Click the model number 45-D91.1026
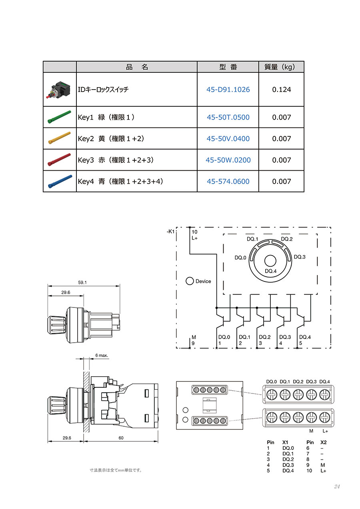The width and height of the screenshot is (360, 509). (x=228, y=90)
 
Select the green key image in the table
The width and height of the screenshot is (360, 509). (x=59, y=117)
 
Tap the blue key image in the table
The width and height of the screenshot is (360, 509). (x=59, y=181)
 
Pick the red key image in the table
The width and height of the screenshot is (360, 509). (x=59, y=160)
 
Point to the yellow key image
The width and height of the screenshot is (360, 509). (x=59, y=138)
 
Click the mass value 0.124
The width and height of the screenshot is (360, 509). (x=281, y=90)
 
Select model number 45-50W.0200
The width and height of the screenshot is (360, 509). (x=228, y=160)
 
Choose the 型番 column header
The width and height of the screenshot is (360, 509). (x=228, y=67)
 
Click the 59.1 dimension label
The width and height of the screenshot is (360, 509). (x=82, y=282)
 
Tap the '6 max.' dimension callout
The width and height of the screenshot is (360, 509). (x=102, y=355)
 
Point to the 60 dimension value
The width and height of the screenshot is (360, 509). (x=121, y=438)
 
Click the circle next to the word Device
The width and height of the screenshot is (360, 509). (x=190, y=281)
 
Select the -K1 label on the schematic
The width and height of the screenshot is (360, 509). (x=170, y=232)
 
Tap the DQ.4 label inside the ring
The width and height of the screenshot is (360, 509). (x=270, y=271)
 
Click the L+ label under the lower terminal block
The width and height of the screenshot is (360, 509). (x=325, y=431)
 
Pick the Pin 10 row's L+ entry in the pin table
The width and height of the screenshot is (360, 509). (x=323, y=471)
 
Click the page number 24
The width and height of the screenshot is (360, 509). (x=336, y=486)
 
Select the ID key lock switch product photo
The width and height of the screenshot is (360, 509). (x=59, y=90)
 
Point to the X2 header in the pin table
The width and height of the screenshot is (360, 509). (x=323, y=442)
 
